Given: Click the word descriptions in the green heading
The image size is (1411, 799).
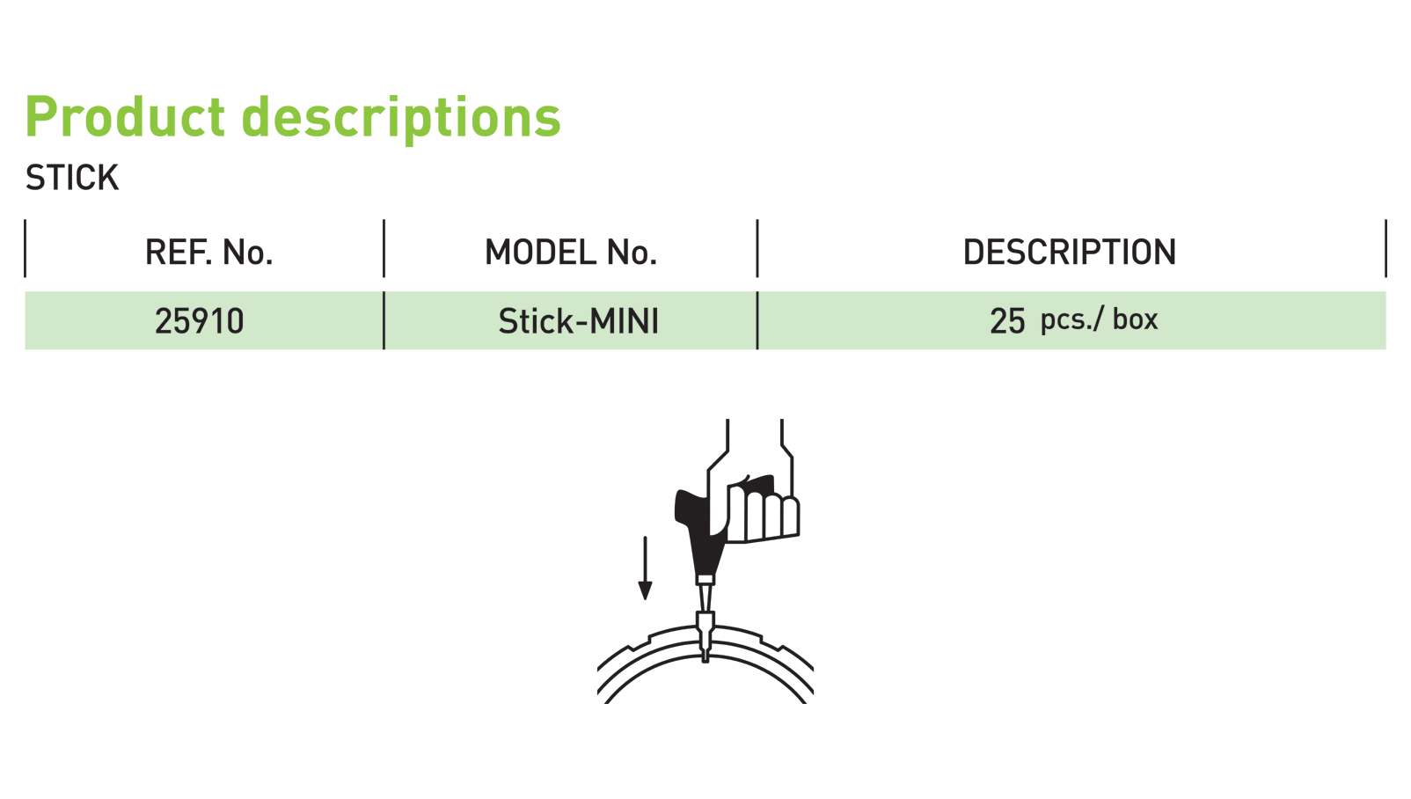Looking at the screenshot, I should [x=401, y=117].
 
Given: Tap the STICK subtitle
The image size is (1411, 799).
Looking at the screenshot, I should [x=72, y=178].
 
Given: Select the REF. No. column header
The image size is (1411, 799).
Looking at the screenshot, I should [x=208, y=253].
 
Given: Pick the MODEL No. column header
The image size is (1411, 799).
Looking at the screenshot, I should [x=571, y=253].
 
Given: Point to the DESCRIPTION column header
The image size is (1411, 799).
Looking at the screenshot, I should [x=1069, y=253].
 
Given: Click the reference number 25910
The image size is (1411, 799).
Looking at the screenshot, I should [x=199, y=321].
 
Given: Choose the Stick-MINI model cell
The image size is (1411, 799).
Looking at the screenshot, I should [x=578, y=321].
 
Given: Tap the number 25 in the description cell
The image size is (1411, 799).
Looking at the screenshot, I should [x=1007, y=321].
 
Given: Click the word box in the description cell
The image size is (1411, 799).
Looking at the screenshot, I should [x=1135, y=319].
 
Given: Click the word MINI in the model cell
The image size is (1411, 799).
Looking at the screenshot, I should [x=625, y=321].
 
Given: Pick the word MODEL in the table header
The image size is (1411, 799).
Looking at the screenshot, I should [x=529, y=253].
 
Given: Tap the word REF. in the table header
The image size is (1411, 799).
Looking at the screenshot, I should [x=179, y=253].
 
